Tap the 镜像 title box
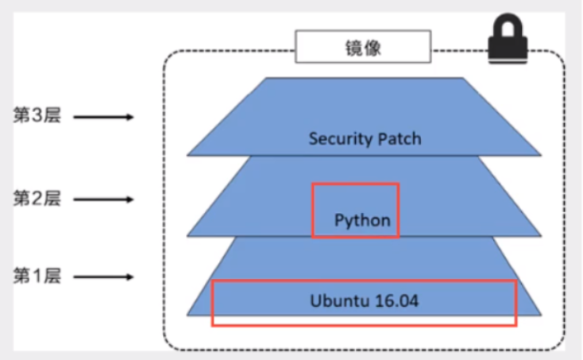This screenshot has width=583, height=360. pos(363,46)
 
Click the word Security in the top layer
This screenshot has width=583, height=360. pos(341,139)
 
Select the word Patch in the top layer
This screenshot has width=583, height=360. pos(400,139)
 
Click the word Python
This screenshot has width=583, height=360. pos(362,221)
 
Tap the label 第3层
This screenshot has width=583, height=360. pos(37,115)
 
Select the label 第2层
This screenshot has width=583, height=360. pos(37,198)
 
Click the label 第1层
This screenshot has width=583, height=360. pos(37,276)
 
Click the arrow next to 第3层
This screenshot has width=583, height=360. pos(103,117)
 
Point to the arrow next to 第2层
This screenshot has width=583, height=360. pos(103,199)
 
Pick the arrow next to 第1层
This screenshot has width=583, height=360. pos(103,277)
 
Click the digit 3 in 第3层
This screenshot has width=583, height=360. pos(37,115)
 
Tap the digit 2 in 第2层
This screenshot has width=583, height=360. pos(37,198)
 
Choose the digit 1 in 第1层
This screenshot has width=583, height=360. pos(37,277)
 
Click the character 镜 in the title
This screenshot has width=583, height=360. pos(354,48)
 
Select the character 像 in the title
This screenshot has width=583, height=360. pos(373,48)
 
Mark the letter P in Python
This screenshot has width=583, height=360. pos(338,219)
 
